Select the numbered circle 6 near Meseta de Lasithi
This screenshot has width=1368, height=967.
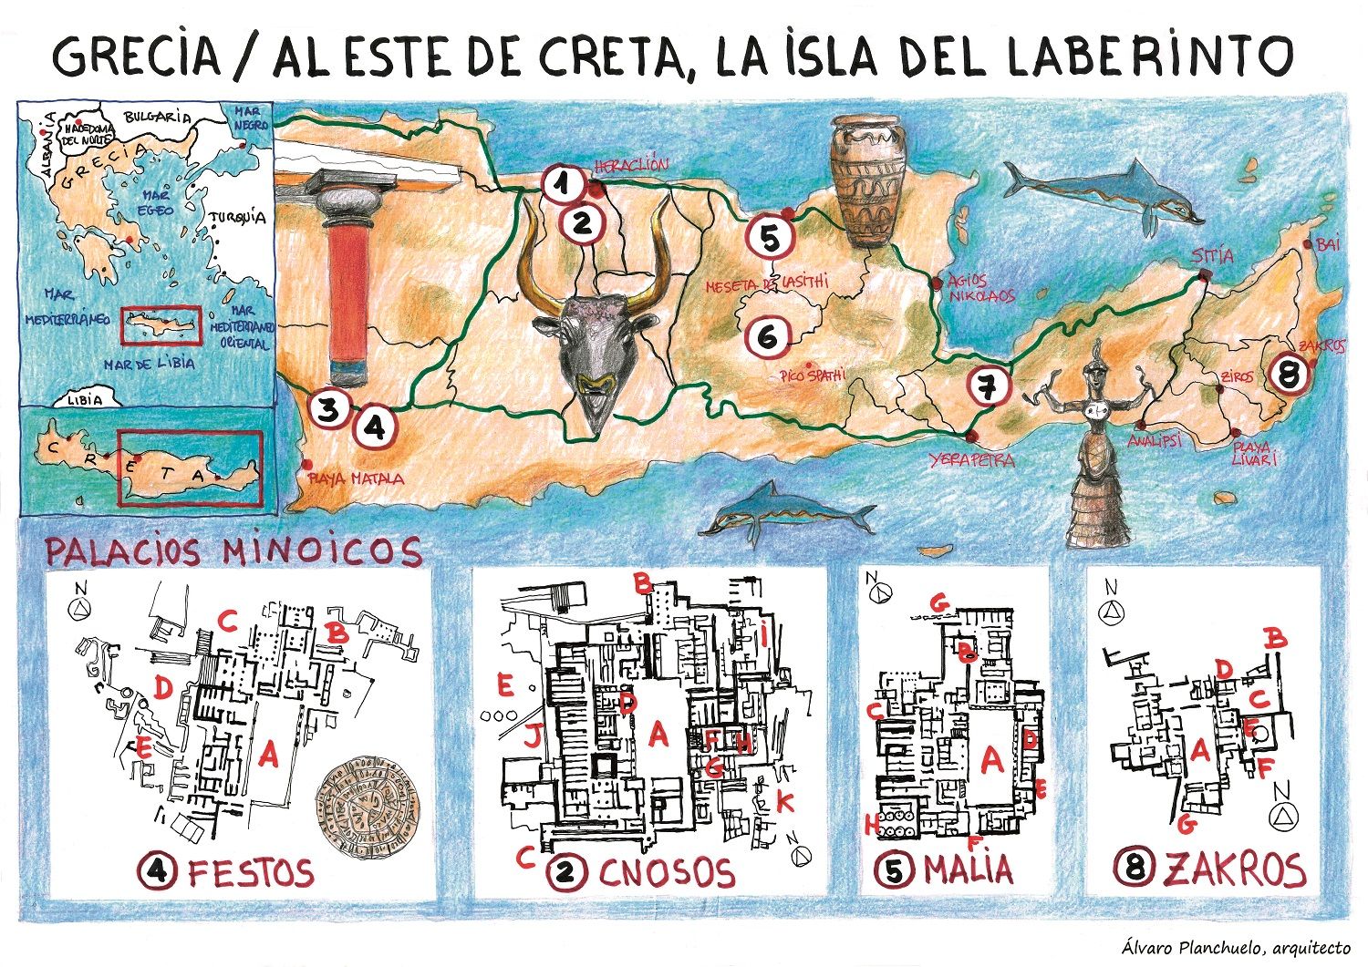coord(767,335)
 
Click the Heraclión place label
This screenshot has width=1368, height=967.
coord(631,167)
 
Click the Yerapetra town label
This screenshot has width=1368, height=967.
coord(971,459)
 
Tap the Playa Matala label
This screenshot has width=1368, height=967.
coord(358,477)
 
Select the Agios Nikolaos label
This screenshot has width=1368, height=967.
coord(980,289)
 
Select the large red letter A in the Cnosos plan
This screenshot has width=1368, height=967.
coord(658,734)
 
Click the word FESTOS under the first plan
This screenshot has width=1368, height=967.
coord(250,872)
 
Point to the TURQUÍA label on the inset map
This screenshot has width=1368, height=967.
coord(238,218)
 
